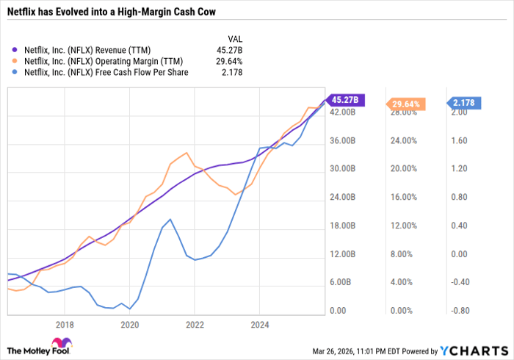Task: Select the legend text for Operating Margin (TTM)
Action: tap(104, 61)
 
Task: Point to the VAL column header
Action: tap(234, 39)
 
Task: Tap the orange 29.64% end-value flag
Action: tap(405, 104)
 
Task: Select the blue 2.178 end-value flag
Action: tap(467, 103)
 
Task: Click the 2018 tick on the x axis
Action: tap(65, 323)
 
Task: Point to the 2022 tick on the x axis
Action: tap(195, 323)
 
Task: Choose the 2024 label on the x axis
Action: tap(259, 323)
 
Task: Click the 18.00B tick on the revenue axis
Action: tap(342, 226)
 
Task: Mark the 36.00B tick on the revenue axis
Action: tap(342, 140)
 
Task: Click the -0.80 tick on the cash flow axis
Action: tap(460, 311)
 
